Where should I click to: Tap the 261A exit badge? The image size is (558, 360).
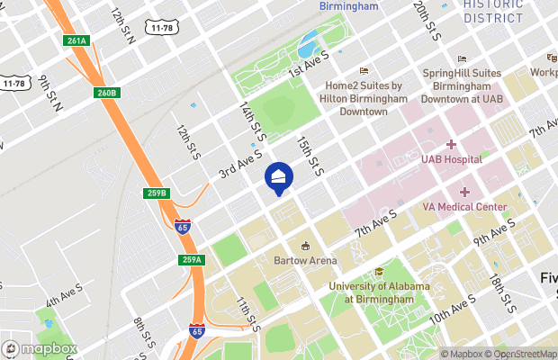pos(76,40)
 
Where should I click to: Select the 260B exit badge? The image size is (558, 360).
pos(105,93)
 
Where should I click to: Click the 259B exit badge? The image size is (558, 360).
pos(157,193)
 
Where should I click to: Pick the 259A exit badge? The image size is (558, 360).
pos(192,259)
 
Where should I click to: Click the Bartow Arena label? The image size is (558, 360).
pos(305,260)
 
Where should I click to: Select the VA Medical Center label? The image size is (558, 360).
pos(464,206)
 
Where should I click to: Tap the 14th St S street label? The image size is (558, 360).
pos(253,120)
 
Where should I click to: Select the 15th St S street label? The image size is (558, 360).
pos(310,154)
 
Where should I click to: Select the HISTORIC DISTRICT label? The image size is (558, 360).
pos(492,11)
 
